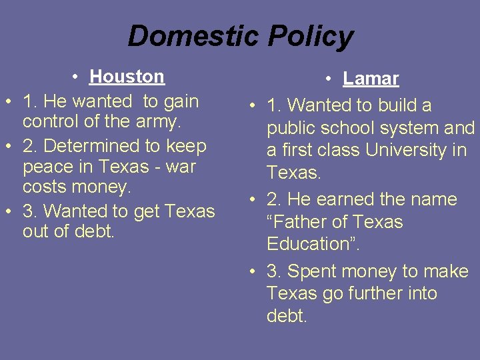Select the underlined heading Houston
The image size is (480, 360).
pos(127,77)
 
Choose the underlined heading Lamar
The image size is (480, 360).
pos(371,79)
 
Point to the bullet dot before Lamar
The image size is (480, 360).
pos(331,79)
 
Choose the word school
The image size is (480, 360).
pos(350,128)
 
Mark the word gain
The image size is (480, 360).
pos(179,102)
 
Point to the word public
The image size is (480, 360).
pos(293,128)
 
